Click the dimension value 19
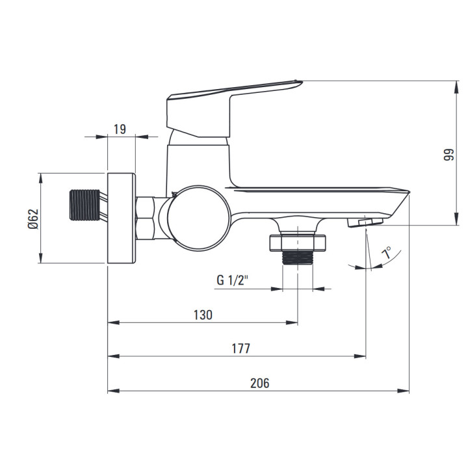click(x=120, y=129)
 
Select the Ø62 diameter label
click(x=33, y=219)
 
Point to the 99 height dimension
click(x=448, y=155)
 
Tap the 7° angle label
click(x=387, y=252)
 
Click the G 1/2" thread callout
click(x=233, y=280)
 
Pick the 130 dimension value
click(x=203, y=315)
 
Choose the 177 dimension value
click(x=241, y=348)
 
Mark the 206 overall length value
click(x=259, y=383)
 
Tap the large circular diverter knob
click(x=199, y=218)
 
